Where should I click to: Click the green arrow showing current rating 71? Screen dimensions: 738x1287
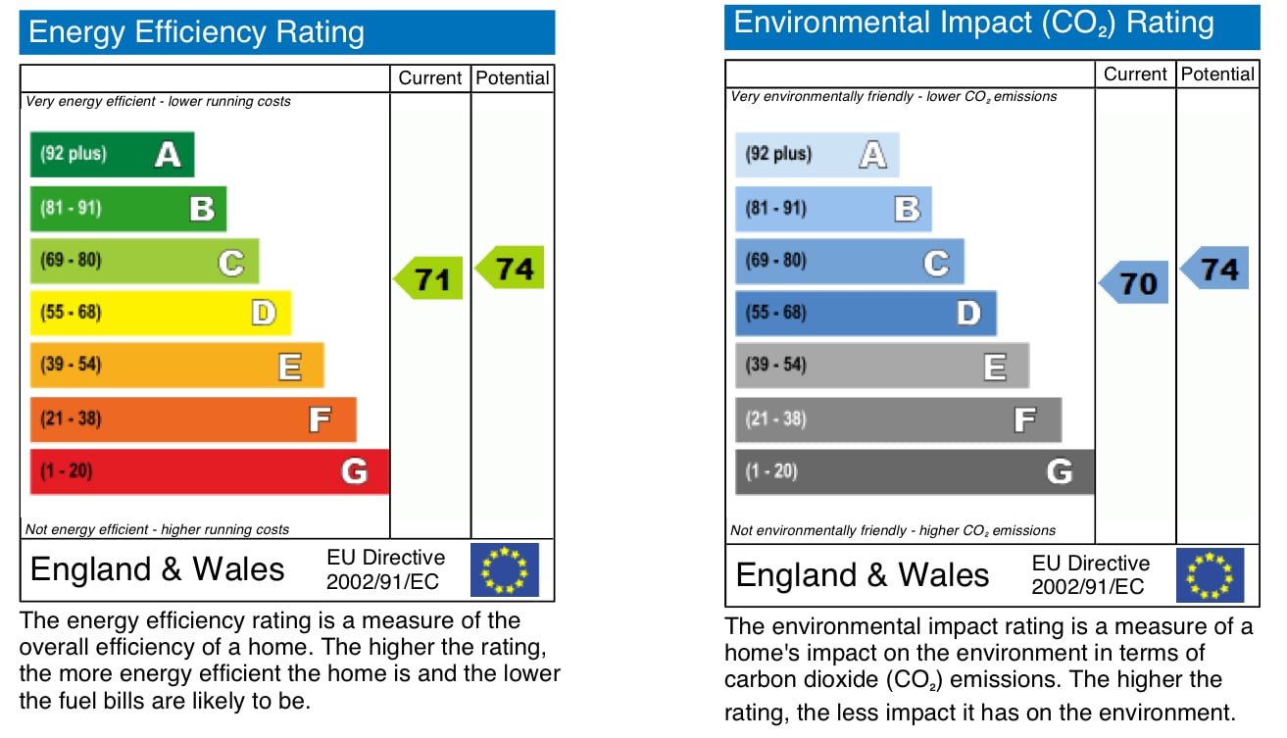(x=429, y=279)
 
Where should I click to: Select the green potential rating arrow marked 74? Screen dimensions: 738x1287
(x=511, y=268)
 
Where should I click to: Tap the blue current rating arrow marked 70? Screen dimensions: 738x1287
(x=1135, y=283)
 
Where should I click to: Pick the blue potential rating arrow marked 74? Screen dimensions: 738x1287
(x=1215, y=269)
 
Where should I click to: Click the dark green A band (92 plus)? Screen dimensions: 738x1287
(x=112, y=154)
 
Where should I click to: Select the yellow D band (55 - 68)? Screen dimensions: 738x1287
(x=160, y=313)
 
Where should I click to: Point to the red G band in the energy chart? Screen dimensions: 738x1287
(x=209, y=471)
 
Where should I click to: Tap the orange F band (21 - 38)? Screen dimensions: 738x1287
(x=192, y=418)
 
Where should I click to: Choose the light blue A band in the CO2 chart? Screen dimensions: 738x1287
(x=817, y=154)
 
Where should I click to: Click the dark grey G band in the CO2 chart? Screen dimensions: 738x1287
(x=914, y=471)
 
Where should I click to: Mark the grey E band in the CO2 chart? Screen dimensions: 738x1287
(x=881, y=366)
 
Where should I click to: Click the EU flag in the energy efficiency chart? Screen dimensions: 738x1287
(x=505, y=570)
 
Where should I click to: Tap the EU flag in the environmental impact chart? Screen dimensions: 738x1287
(x=1210, y=575)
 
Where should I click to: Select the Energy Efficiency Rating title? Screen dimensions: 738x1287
(x=197, y=33)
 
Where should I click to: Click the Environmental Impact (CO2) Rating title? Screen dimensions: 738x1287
(x=973, y=24)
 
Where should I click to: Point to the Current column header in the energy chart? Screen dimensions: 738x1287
(x=430, y=78)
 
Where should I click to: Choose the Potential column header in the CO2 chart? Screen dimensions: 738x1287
(x=1217, y=74)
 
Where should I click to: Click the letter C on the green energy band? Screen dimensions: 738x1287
(x=231, y=263)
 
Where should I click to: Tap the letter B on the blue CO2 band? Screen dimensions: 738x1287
(x=907, y=209)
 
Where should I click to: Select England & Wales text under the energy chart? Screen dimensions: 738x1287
(x=158, y=569)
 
